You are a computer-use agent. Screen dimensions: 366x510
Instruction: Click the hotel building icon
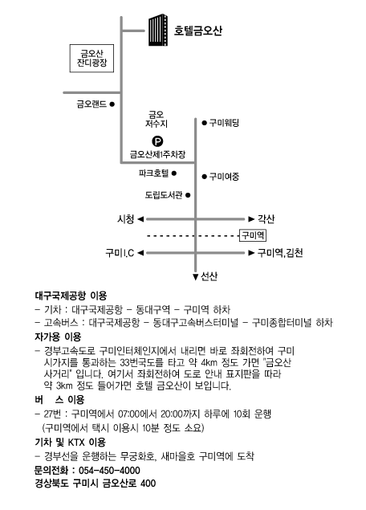pyautogui.click(x=158, y=31)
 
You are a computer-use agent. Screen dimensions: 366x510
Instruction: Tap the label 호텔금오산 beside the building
pyautogui.click(x=198, y=31)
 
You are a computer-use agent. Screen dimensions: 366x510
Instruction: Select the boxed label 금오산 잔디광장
pyautogui.click(x=91, y=58)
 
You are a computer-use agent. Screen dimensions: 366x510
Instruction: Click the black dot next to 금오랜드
pyautogui.click(x=112, y=104)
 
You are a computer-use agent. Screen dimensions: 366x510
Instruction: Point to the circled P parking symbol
pyautogui.click(x=157, y=141)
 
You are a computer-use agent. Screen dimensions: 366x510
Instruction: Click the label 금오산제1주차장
pyautogui.click(x=157, y=154)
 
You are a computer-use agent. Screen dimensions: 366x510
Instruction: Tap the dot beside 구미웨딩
pyautogui.click(x=204, y=123)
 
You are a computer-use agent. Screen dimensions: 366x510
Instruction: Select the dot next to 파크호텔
pyautogui.click(x=174, y=173)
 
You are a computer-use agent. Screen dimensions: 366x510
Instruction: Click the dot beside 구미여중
pyautogui.click(x=204, y=177)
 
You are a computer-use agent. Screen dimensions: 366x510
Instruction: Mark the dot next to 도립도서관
pyautogui.click(x=188, y=195)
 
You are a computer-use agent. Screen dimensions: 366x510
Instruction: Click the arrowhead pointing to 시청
pyautogui.click(x=140, y=219)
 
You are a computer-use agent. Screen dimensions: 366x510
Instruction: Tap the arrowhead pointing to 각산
pyautogui.click(x=251, y=219)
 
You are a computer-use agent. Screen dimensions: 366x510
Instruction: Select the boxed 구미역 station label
pyautogui.click(x=253, y=235)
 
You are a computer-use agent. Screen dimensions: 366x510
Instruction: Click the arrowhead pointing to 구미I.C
pyautogui.click(x=140, y=253)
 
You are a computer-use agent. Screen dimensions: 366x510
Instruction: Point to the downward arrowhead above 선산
pyautogui.click(x=195, y=277)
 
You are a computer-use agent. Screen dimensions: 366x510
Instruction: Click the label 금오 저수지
pyautogui.click(x=157, y=119)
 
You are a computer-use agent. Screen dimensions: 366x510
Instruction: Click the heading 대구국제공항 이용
pyautogui.click(x=71, y=296)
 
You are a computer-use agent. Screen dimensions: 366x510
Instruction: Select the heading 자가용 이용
pyautogui.click(x=58, y=337)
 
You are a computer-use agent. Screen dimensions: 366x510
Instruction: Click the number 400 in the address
pyautogui.click(x=148, y=483)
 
